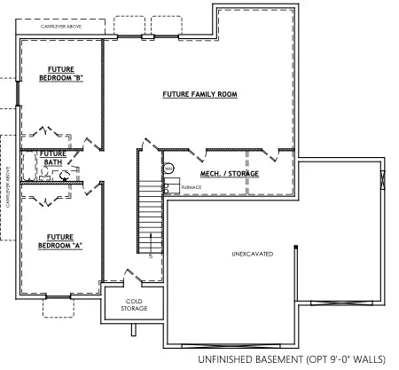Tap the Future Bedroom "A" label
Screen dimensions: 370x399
[61, 240]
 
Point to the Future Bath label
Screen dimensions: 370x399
[52, 157]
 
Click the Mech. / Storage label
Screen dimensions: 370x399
[229, 173]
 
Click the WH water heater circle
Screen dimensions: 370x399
[168, 168]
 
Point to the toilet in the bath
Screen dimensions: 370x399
[64, 176]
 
